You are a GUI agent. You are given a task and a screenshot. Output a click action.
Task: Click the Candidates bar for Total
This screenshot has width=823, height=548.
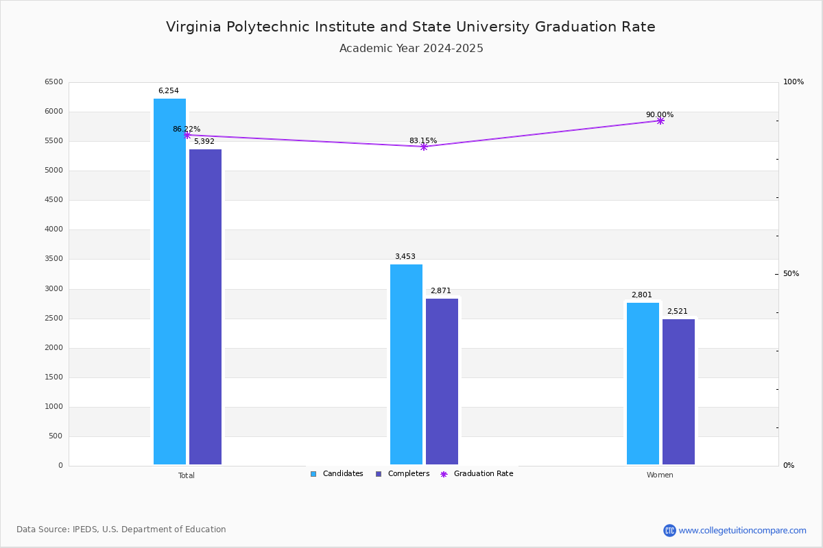169,281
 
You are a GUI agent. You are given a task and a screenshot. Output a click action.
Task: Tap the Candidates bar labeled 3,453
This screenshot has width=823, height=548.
406,364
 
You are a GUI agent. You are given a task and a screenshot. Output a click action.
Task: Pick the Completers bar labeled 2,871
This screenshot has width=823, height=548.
442,381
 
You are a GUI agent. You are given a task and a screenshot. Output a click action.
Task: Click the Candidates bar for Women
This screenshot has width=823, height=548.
643,383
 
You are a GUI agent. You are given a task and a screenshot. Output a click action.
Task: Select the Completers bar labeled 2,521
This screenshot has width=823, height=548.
678,391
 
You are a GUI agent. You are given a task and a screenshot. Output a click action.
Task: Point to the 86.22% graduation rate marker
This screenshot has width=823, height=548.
187,135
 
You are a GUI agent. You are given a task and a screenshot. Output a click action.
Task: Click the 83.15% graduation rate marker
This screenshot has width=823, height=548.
424,147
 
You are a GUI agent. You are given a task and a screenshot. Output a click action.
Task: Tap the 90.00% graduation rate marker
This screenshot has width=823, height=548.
660,121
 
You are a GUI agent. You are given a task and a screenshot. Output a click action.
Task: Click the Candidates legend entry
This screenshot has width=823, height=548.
337,474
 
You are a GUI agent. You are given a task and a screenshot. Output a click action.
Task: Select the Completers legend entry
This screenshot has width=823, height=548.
403,474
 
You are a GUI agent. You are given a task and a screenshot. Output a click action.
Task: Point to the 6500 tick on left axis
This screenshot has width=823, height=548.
53,82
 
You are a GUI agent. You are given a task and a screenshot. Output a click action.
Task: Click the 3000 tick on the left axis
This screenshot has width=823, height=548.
53,289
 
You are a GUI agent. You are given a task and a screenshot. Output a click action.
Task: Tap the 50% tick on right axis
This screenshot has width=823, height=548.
791,274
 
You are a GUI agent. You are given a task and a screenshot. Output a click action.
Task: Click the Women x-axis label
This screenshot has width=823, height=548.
660,475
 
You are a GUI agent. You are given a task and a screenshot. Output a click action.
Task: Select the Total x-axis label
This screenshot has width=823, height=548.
187,475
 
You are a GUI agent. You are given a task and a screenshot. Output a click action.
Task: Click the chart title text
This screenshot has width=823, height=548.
411,27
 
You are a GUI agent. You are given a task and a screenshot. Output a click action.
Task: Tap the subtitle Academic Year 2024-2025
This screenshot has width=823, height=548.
411,49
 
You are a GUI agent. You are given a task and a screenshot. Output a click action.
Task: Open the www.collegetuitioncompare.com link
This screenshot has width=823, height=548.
742,530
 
